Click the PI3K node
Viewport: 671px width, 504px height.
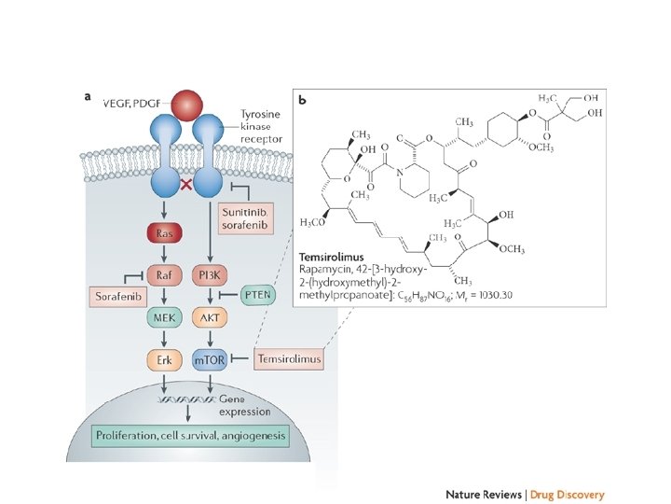click(209, 276)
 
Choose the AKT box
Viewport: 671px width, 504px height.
click(209, 317)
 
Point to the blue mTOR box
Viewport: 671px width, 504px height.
click(209, 358)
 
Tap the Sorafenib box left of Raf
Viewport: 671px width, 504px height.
click(119, 297)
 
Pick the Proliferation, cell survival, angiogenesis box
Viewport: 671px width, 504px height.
click(190, 436)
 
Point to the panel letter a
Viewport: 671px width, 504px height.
click(88, 93)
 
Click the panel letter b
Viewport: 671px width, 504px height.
click(301, 97)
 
